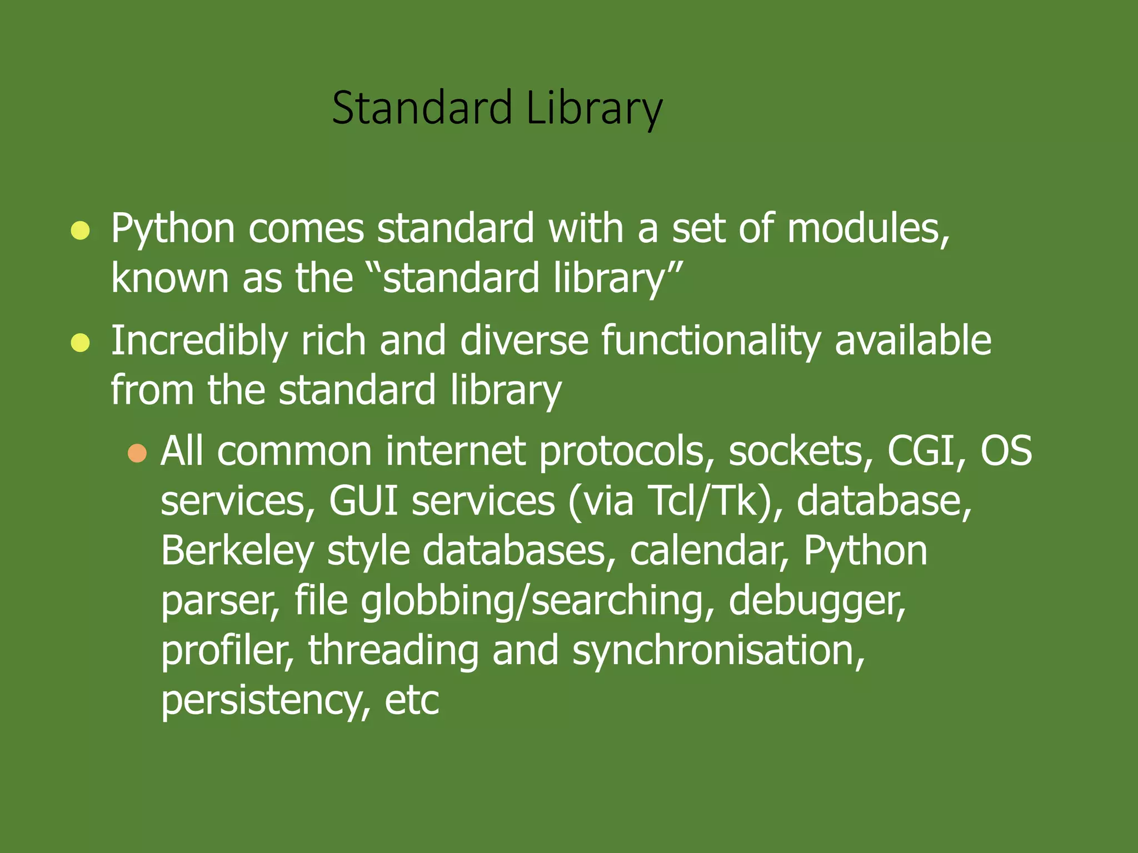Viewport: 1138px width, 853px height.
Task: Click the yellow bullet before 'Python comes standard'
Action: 81,230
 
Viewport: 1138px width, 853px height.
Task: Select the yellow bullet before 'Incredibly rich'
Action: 81,343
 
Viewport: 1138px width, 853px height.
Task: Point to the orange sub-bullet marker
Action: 137,453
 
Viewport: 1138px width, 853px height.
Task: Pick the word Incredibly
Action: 199,342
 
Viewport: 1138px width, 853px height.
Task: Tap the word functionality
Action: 711,342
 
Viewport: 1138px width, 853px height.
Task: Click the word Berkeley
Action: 237,551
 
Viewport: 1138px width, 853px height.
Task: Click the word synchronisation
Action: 718,651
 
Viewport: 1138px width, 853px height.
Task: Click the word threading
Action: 393,651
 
